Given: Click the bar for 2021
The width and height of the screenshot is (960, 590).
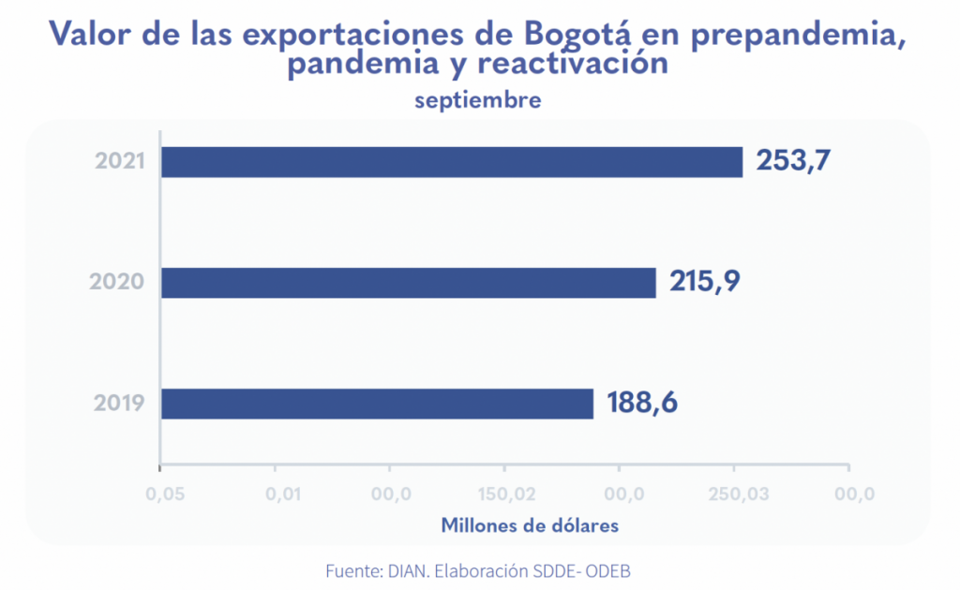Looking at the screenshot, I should [451, 162].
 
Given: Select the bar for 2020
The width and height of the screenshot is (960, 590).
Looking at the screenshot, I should [408, 283].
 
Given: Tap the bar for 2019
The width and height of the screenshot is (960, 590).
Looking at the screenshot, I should [377, 404].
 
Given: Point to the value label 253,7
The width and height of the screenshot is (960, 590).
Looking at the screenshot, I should [793, 161].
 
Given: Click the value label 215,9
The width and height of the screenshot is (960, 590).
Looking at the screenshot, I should [706, 281].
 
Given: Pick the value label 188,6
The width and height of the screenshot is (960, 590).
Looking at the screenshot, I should [643, 403].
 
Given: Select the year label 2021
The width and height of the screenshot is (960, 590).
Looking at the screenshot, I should [120, 161].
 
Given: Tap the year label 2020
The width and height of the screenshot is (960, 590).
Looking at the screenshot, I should [117, 282].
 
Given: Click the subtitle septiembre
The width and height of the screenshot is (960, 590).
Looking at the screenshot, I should [478, 99].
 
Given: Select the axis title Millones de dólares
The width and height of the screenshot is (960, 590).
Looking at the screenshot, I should [530, 525].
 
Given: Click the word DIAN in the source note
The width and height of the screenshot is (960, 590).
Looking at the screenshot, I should [404, 570].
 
